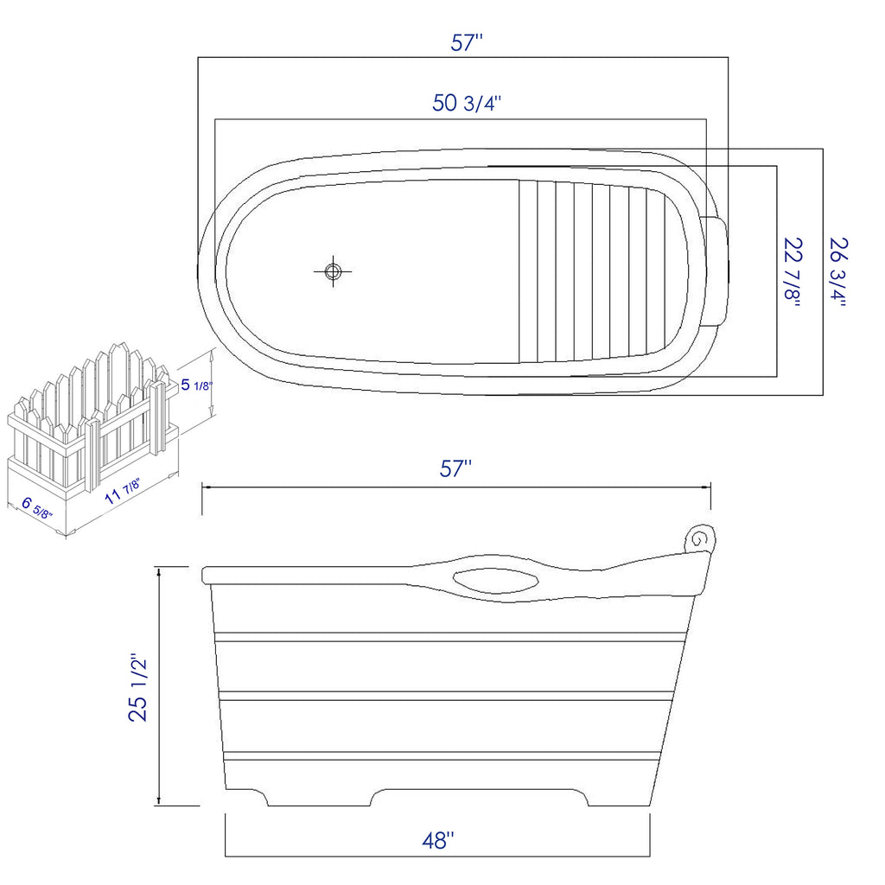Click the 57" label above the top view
466,43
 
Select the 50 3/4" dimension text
467,104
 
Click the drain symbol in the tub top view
333,271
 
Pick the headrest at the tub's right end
718,269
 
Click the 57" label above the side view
455,469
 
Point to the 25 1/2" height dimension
139,687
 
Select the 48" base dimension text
439,839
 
